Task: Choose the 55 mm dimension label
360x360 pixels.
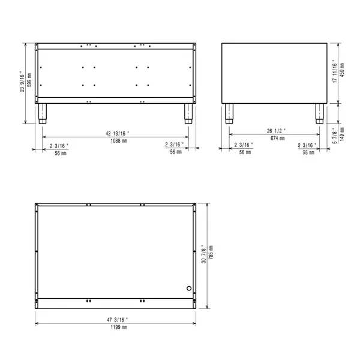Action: (308, 152)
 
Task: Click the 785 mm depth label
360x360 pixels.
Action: (211, 255)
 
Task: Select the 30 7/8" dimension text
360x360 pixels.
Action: (204, 255)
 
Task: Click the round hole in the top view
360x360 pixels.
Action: (190, 288)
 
